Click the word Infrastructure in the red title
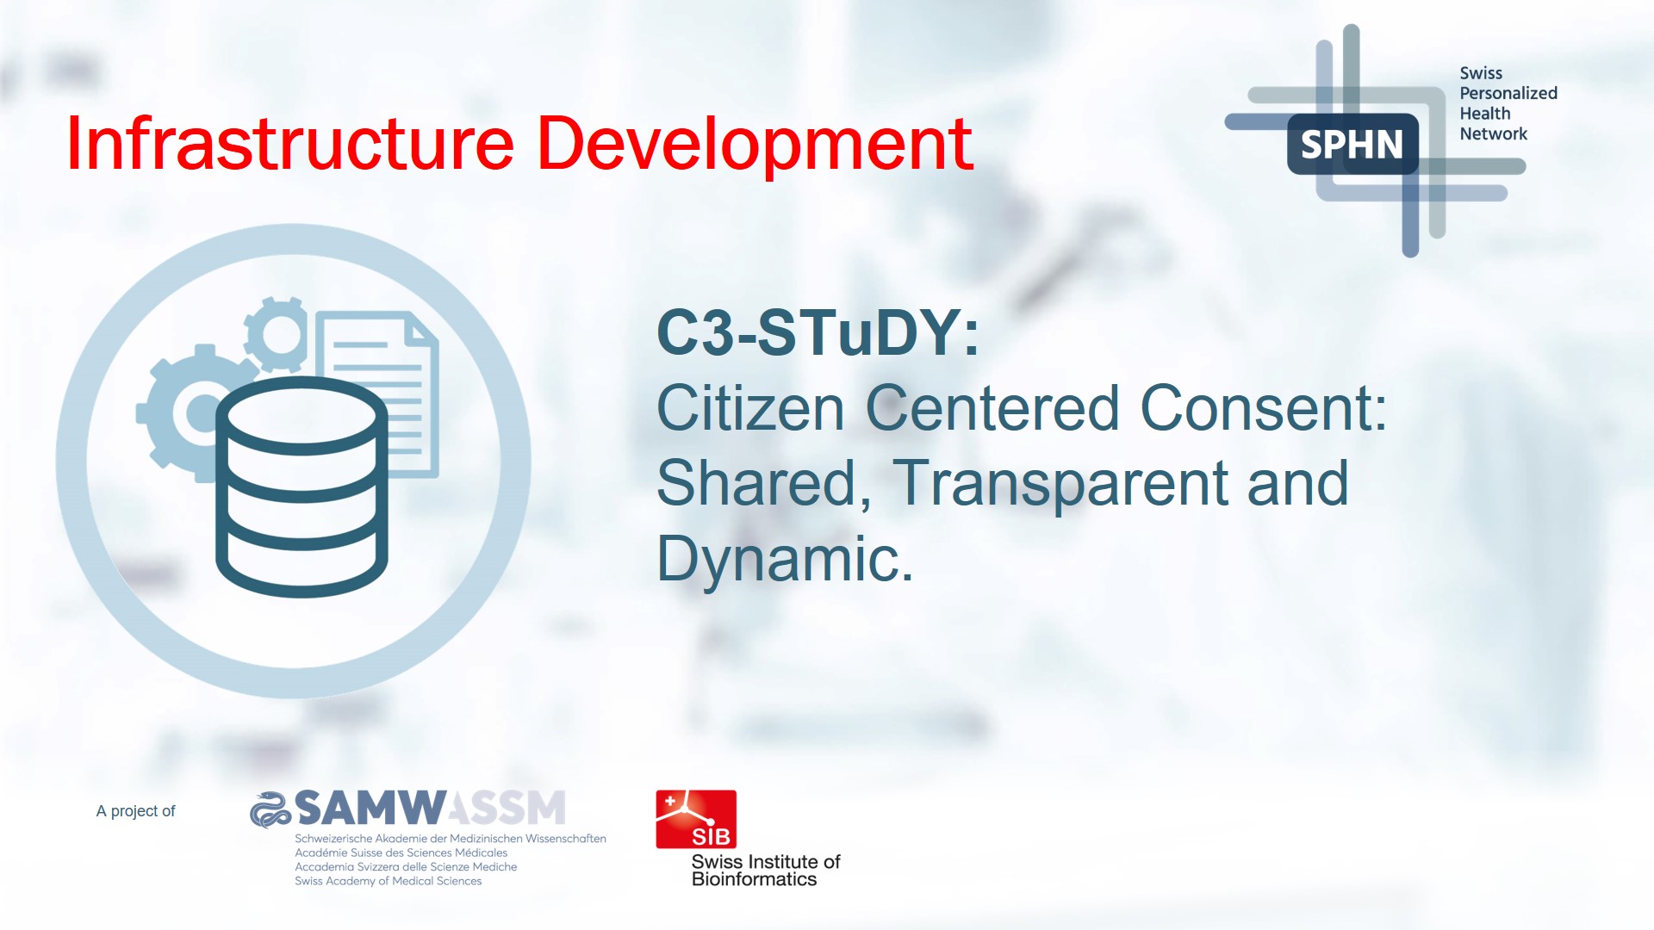[x=289, y=144]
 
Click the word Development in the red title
[x=755, y=144]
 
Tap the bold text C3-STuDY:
[x=818, y=333]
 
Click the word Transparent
[x=1060, y=483]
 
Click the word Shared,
[x=763, y=483]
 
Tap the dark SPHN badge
[x=1352, y=145]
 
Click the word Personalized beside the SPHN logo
[x=1508, y=93]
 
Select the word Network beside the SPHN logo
[x=1493, y=133]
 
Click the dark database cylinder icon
[x=302, y=487]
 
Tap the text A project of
[x=135, y=811]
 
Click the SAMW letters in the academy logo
[x=370, y=809]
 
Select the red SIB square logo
[x=696, y=819]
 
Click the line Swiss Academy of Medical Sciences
[x=388, y=881]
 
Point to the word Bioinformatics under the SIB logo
[x=754, y=879]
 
